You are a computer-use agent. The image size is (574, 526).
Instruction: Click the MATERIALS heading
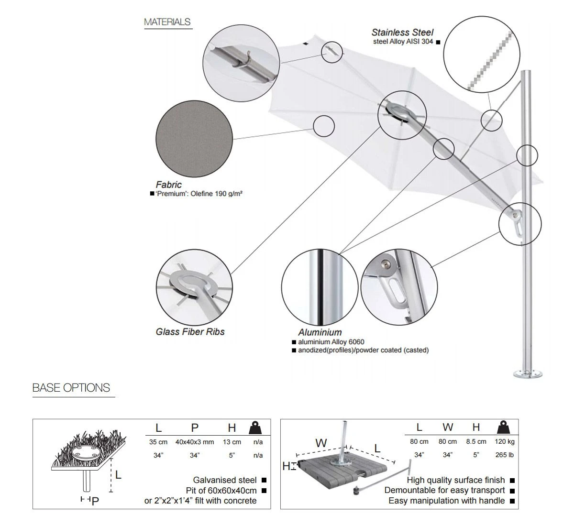point(167,22)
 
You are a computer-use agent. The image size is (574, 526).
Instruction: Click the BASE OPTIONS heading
point(71,388)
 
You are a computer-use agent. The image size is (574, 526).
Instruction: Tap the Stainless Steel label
point(402,33)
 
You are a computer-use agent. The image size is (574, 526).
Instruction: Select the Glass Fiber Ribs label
point(190,332)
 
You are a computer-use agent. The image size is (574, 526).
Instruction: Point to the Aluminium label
point(320,332)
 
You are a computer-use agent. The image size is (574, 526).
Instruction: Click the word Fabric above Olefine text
point(169,185)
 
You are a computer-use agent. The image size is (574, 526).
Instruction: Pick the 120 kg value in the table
point(505,442)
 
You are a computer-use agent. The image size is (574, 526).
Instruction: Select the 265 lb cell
point(505,455)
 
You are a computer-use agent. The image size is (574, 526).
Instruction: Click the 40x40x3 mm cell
point(195,442)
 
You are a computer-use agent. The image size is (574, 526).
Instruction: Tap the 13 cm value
point(232,442)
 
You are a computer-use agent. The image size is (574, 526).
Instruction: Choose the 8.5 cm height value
point(476,442)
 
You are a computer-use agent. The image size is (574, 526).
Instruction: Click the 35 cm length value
point(158,442)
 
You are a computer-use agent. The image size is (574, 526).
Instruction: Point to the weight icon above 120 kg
point(504,427)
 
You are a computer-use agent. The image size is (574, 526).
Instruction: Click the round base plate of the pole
point(528,373)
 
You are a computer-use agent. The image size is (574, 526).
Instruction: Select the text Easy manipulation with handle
point(447,501)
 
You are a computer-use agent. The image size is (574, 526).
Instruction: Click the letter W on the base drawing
point(321,443)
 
